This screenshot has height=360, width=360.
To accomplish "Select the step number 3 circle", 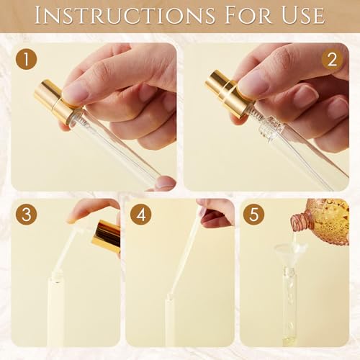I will pyautogui.click(x=27, y=215).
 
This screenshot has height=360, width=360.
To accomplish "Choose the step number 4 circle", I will pyautogui.click(x=140, y=215).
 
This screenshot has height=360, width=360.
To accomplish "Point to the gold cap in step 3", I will pyautogui.click(x=107, y=235).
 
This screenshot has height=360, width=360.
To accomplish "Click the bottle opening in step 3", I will pyautogui.click(x=55, y=276).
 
